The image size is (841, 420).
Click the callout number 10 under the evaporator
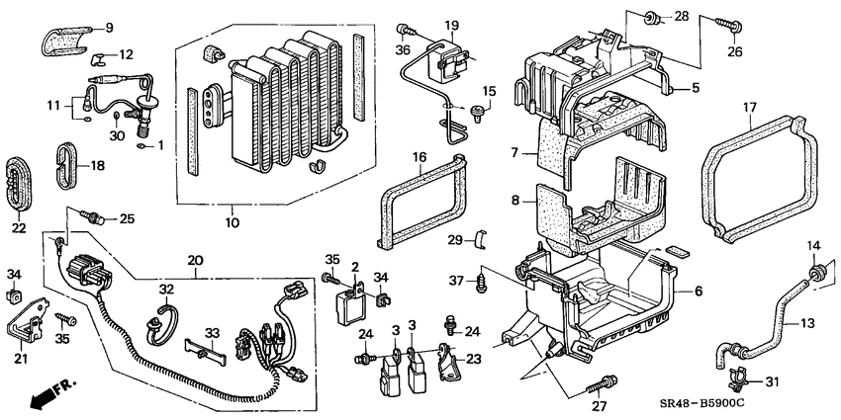click(x=232, y=223)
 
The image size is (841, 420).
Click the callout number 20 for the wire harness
click(x=194, y=260)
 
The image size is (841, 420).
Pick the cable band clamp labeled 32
click(x=161, y=318)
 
